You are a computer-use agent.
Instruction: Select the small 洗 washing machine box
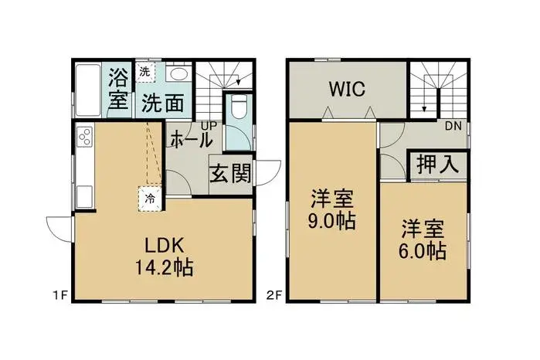(144, 72)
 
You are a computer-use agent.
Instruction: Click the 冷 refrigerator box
(150, 198)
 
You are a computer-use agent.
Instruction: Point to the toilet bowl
(238, 109)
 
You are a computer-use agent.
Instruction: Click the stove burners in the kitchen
(83, 139)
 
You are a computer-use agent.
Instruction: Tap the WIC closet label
(347, 89)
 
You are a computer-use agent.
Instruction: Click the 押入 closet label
(438, 165)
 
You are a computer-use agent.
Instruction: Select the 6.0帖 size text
(423, 250)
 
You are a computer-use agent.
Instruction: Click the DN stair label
(453, 126)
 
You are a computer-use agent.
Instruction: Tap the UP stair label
(209, 124)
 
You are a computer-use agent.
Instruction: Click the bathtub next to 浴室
(87, 90)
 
